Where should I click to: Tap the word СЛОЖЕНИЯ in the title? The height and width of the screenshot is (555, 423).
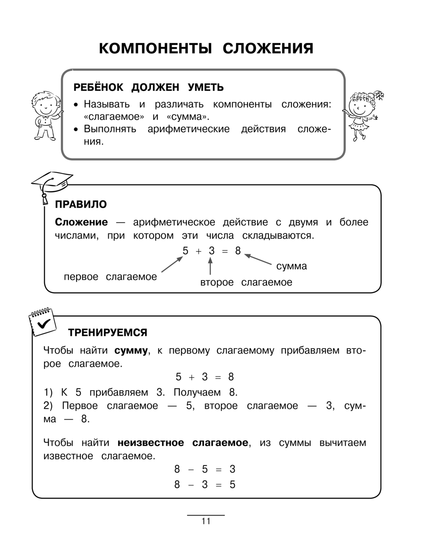click(x=268, y=49)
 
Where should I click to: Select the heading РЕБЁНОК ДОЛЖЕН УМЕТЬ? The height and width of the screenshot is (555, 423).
click(x=149, y=88)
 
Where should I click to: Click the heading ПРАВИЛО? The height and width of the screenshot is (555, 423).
click(x=81, y=205)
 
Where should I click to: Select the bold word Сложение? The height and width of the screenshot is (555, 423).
click(x=82, y=222)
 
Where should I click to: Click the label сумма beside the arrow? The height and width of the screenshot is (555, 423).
click(x=291, y=266)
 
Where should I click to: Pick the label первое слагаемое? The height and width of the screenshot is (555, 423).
click(x=110, y=277)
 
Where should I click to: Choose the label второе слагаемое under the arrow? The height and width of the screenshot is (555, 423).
click(x=246, y=282)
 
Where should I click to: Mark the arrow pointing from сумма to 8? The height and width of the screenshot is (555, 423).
click(x=258, y=260)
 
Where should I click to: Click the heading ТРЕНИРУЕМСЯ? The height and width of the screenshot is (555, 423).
click(x=108, y=332)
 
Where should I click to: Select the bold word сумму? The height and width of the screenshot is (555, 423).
click(x=131, y=350)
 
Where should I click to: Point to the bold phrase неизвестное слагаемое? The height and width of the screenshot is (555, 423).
click(x=183, y=443)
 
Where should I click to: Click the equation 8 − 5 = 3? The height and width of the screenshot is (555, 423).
click(x=205, y=469)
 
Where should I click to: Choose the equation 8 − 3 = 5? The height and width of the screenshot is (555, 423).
click(x=205, y=484)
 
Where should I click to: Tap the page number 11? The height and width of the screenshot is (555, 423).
click(x=206, y=521)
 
